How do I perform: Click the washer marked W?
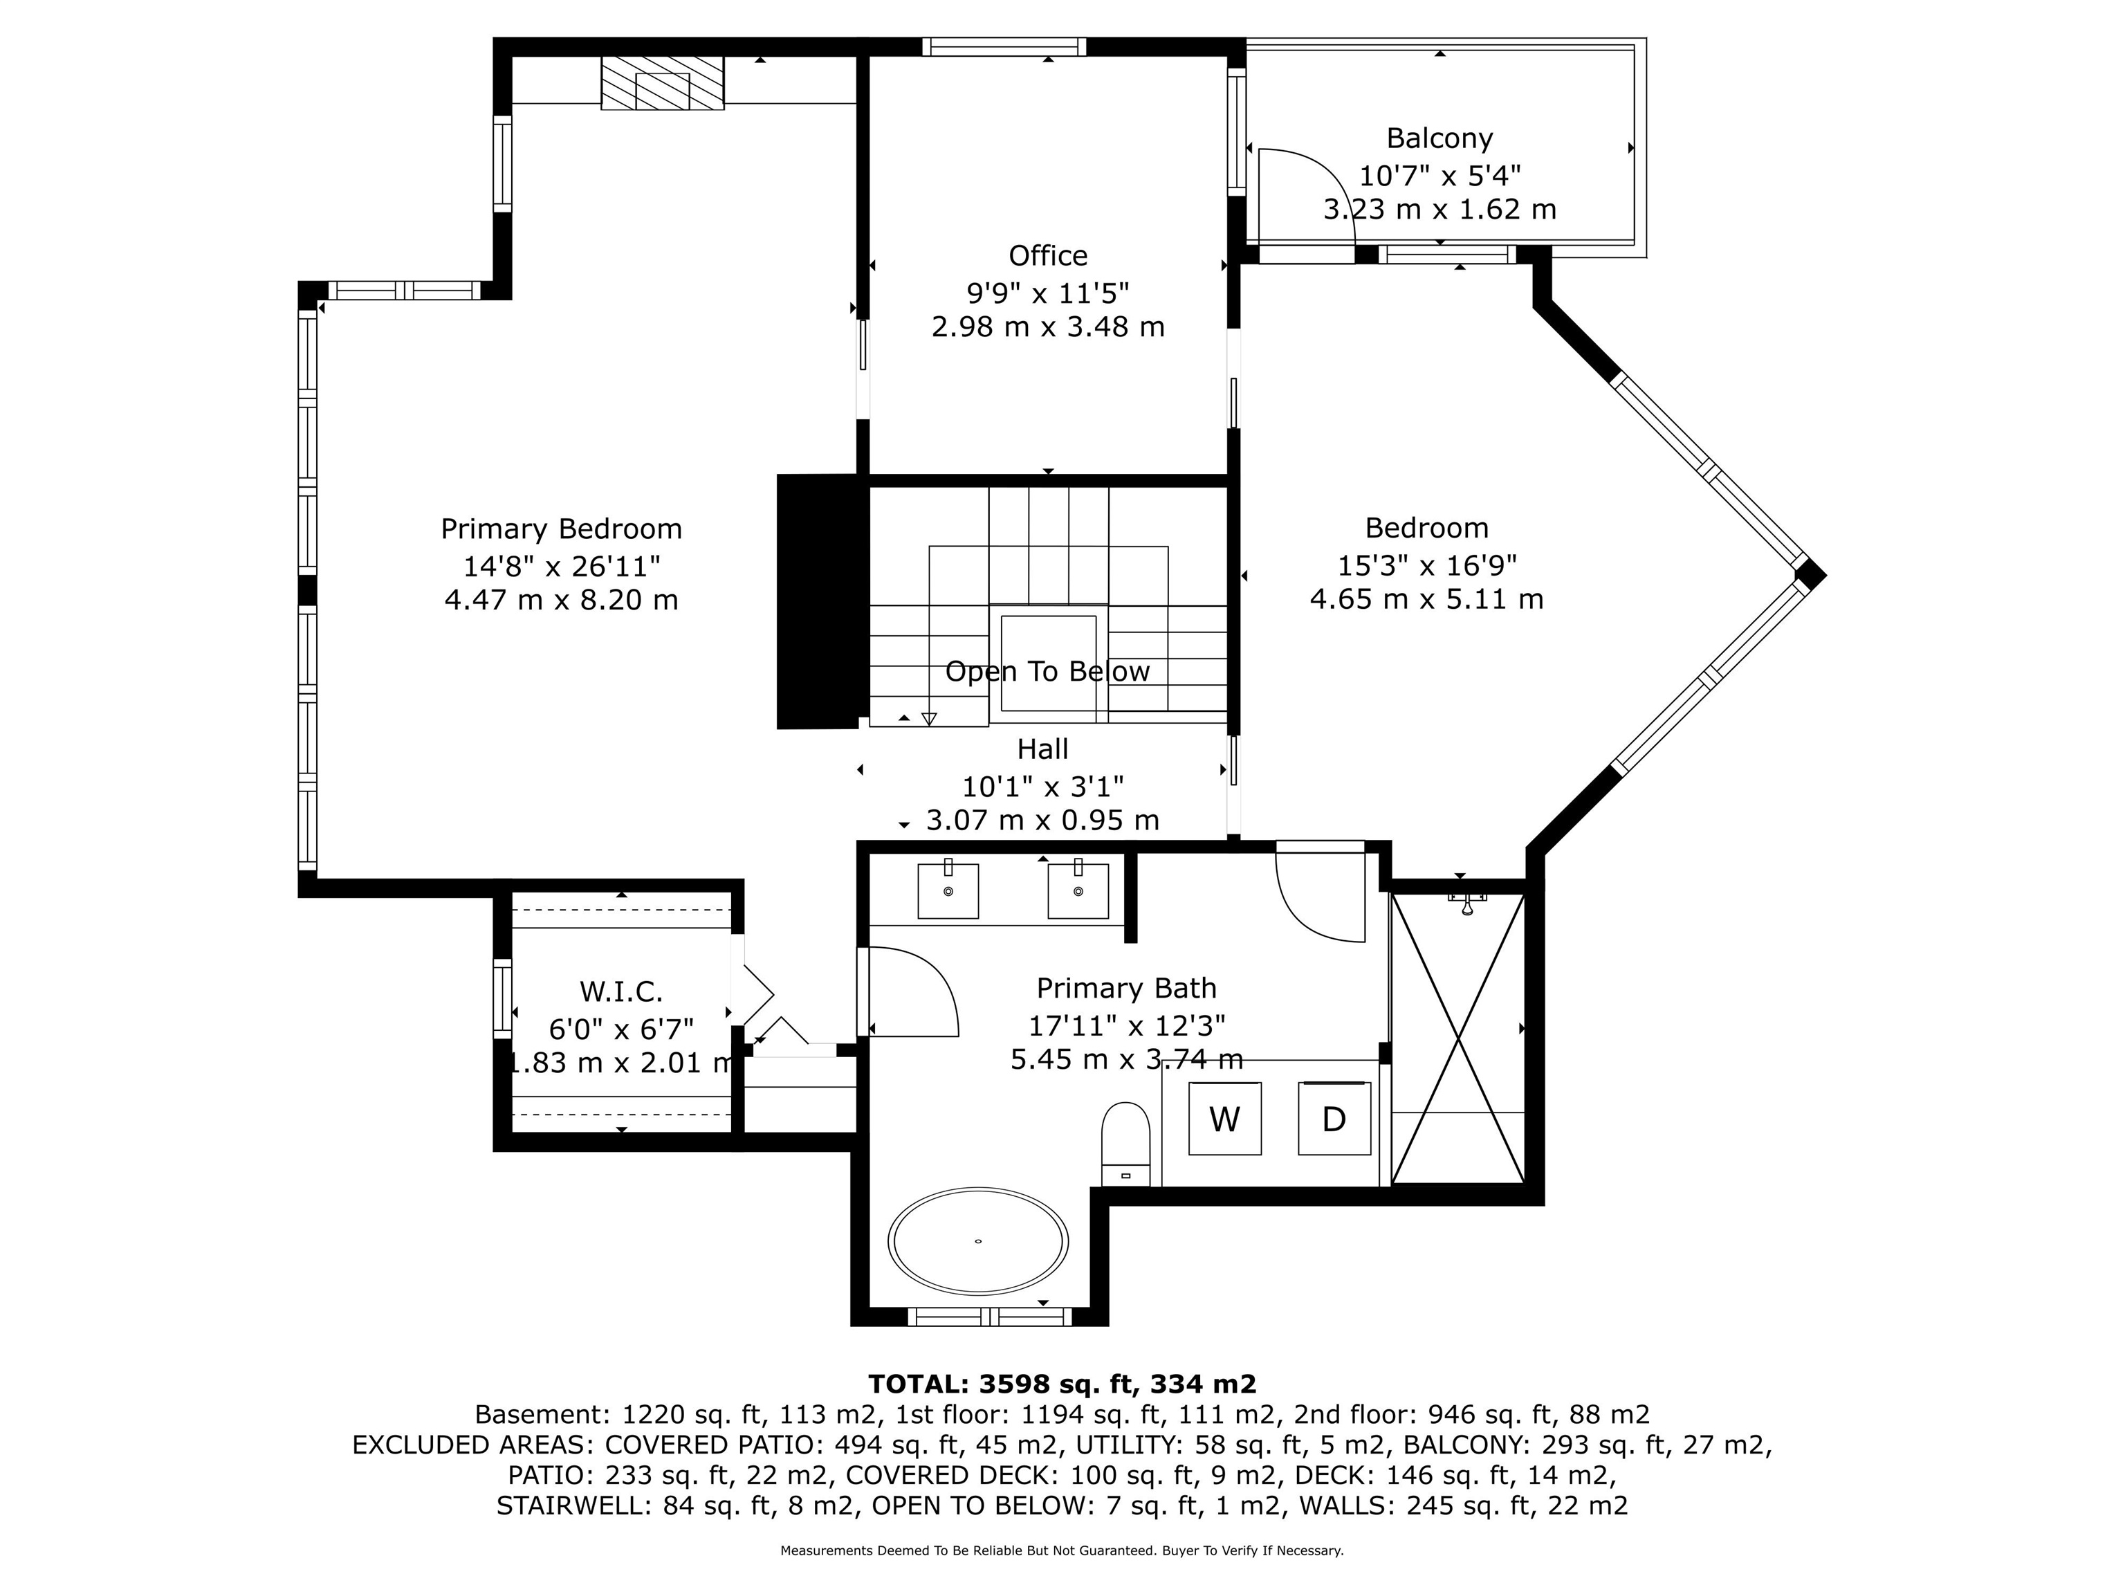coord(1225,1119)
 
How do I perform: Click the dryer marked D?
coord(1334,1119)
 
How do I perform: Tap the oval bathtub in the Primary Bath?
coord(978,1240)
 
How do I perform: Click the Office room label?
coord(1048,255)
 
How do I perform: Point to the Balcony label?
coord(1439,139)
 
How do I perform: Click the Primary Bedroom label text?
coord(561,529)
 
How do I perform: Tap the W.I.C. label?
coord(620,991)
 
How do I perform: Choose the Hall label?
coord(1042,749)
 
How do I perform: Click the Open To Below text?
coord(1047,672)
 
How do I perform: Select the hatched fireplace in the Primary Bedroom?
coord(663,82)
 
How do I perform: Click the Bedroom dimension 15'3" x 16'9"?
coord(1426,564)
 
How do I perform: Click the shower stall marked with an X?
coord(1458,1038)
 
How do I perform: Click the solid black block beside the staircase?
coord(816,601)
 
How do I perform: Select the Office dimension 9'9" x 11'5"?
coord(1048,292)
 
